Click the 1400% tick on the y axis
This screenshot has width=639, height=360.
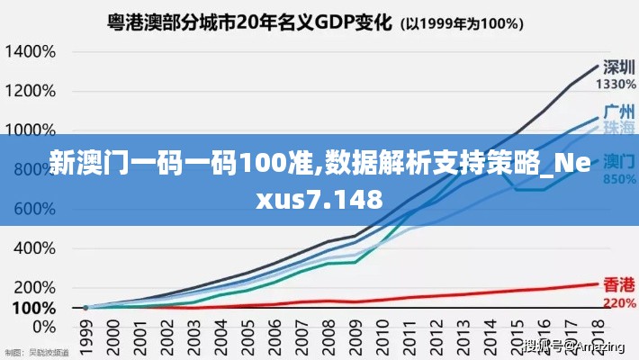click(31, 51)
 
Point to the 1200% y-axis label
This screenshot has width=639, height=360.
click(31, 91)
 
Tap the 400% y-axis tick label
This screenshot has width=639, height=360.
click(34, 247)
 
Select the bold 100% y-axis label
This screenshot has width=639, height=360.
click(32, 307)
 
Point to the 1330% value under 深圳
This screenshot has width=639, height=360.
click(616, 84)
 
